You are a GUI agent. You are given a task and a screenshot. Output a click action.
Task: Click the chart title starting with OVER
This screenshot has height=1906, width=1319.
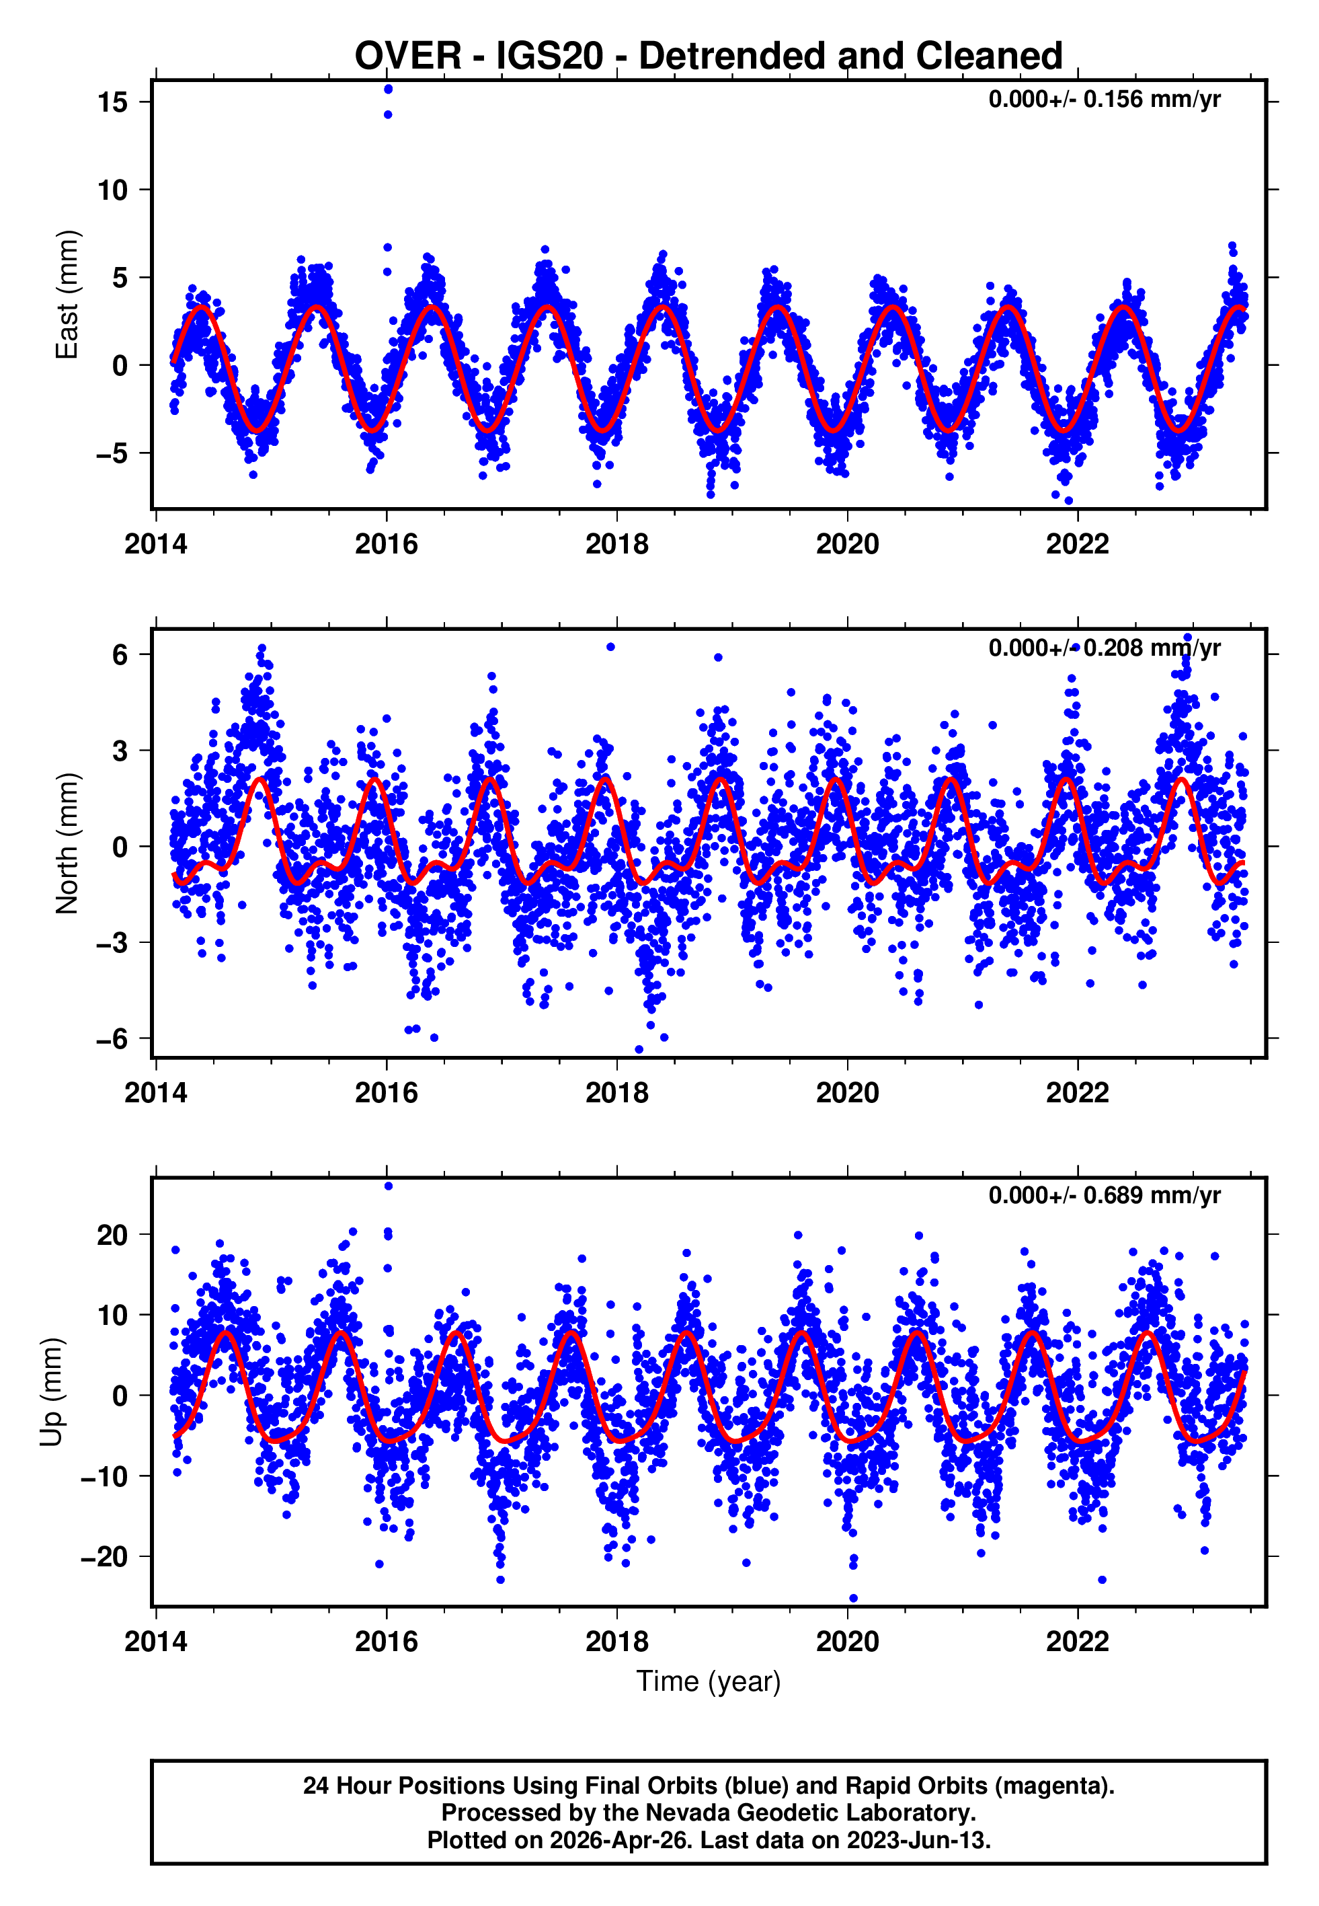(x=709, y=56)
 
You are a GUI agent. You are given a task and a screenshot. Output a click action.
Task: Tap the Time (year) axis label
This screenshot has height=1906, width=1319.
(x=709, y=1682)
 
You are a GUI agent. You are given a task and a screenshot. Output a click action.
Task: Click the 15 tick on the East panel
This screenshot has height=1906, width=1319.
(x=112, y=102)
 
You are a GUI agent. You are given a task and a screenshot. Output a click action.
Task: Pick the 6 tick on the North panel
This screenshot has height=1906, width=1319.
(x=120, y=656)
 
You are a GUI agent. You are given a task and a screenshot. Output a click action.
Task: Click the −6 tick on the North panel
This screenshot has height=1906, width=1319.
(x=112, y=1039)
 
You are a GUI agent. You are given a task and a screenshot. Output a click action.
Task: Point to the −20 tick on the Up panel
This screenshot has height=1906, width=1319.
(x=104, y=1557)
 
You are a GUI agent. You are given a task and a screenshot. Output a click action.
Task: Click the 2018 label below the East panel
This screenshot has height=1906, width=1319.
(x=616, y=545)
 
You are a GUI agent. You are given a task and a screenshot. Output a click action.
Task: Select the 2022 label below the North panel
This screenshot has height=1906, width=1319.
(x=1077, y=1094)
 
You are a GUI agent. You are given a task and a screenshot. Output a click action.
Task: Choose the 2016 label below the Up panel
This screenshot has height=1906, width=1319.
(x=387, y=1642)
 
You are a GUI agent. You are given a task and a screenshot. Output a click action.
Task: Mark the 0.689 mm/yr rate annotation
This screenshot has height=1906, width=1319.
(x=1104, y=1196)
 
